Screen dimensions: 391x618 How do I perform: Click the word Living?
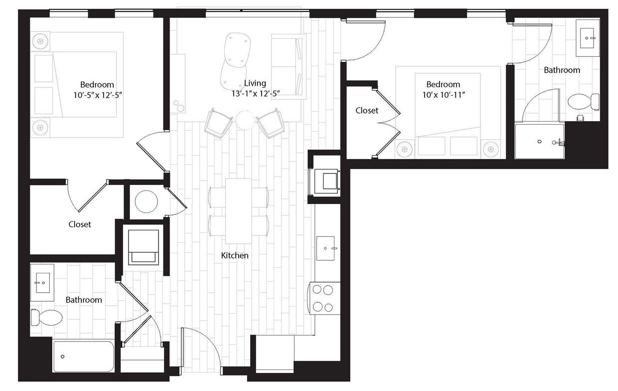(x=255, y=83)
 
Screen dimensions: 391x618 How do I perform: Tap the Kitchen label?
(x=235, y=255)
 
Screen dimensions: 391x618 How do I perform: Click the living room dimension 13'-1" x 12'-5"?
(x=255, y=93)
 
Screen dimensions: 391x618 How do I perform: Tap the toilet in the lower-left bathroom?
(x=47, y=317)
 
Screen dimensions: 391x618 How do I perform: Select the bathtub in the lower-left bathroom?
(x=84, y=356)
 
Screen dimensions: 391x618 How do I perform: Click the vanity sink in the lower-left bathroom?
(x=42, y=283)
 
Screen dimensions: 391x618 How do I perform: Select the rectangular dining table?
(x=238, y=210)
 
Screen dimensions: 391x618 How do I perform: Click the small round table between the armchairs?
(x=245, y=120)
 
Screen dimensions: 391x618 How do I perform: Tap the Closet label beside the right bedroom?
(x=367, y=111)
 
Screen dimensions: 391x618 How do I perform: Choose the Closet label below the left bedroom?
(x=80, y=224)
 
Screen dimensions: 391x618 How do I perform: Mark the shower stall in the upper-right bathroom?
(x=539, y=141)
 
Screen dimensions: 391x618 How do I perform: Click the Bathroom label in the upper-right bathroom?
(x=562, y=70)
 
